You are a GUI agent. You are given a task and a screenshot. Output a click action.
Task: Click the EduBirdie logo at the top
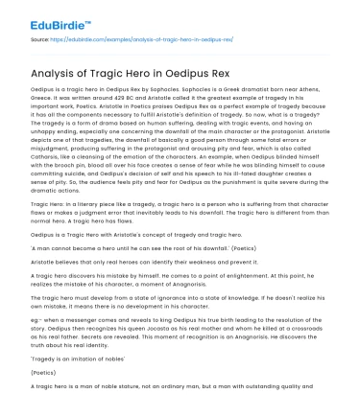[45, 16]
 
